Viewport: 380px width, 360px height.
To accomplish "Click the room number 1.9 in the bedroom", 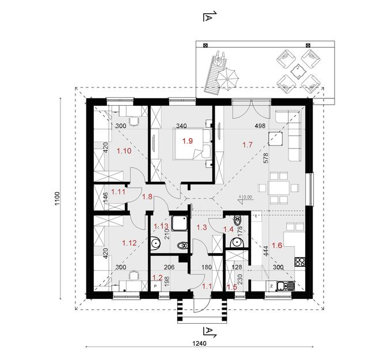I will coord(187,140).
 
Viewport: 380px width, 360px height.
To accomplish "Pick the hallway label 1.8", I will coord(147,197).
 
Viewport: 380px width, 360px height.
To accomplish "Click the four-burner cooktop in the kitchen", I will coord(300,262).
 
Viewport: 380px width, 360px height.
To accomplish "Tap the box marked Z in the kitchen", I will coord(271,286).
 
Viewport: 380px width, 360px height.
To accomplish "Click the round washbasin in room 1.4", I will coord(236,221).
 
